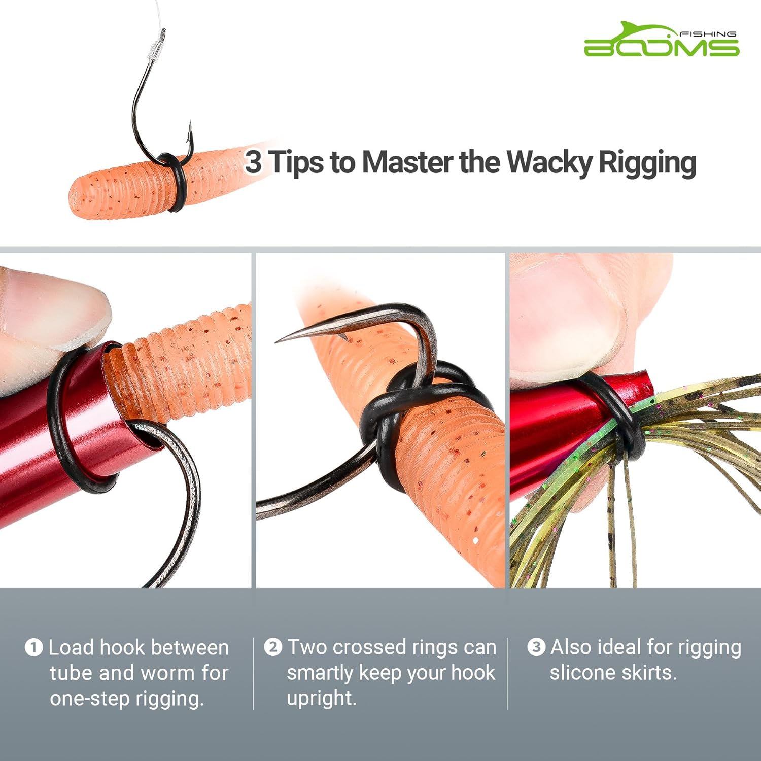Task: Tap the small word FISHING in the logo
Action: pyautogui.click(x=707, y=34)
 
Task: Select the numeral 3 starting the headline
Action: pyautogui.click(x=253, y=162)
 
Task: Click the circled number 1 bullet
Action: pyautogui.click(x=33, y=648)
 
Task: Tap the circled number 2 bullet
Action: pyautogui.click(x=273, y=647)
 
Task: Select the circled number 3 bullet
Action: pyautogui.click(x=536, y=647)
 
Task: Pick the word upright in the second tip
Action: pyautogui.click(x=321, y=698)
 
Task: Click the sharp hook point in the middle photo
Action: pyautogui.click(x=284, y=339)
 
